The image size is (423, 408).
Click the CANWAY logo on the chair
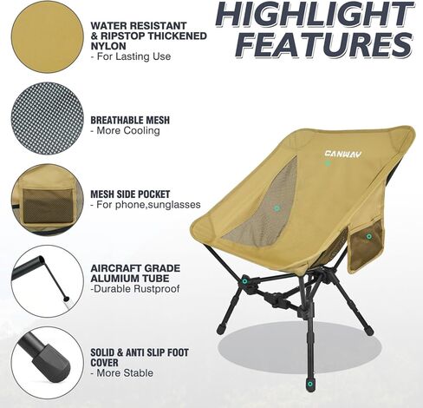coord(343,155)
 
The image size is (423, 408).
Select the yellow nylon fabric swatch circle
coord(48,36)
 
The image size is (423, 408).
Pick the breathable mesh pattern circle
coord(48,118)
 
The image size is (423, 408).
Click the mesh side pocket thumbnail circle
coord(48,200)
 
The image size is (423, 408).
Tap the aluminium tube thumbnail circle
coord(48,281)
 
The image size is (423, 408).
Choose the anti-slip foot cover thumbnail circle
coord(48,363)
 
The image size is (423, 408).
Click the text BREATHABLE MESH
coord(130,120)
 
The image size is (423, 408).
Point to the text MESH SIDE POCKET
coord(130,194)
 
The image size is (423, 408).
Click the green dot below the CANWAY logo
coord(328,163)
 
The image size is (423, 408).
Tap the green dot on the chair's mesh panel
coord(277,208)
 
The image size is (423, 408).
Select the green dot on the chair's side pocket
coord(368,236)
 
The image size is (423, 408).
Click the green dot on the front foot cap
coord(310,384)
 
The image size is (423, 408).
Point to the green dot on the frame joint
coord(245,281)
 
